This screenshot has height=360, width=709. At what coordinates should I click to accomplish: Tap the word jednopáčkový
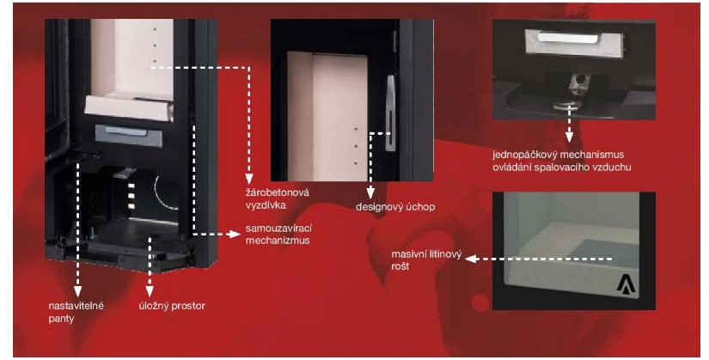(523, 155)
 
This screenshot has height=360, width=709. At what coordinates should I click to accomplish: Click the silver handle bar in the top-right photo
(565, 38)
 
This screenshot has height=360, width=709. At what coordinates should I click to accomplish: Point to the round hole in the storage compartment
(163, 188)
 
